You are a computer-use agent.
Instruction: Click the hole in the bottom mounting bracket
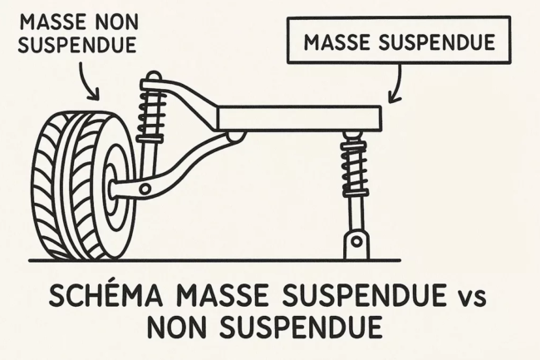(x=356, y=243)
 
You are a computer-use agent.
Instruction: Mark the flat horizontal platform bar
(x=299, y=116)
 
